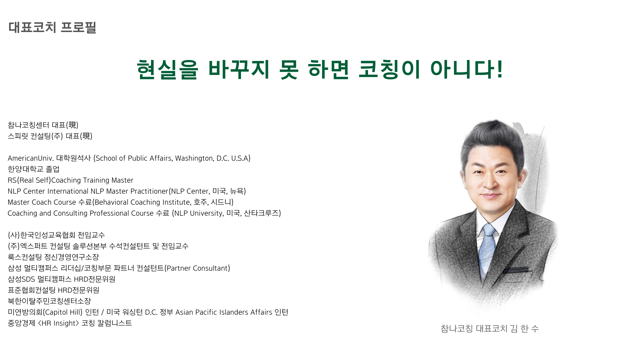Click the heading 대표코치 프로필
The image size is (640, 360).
52,27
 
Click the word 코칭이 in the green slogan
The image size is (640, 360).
389,69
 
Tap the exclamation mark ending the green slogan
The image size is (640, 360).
499,69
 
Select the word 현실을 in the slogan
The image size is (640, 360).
167,70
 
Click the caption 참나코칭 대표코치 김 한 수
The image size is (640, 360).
490,329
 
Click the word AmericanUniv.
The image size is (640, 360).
31,158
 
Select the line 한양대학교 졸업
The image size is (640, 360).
34,169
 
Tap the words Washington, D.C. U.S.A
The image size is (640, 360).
213,158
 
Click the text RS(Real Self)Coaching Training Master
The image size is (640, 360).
70,180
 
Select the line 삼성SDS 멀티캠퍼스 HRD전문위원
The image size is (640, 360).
62,279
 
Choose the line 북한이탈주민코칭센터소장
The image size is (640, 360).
49,301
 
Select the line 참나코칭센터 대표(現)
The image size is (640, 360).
43,125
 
